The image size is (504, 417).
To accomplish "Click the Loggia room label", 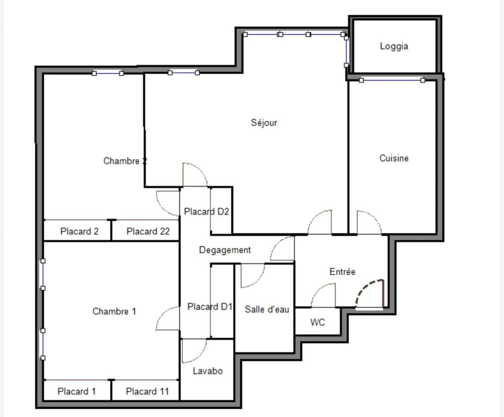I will click(394, 46).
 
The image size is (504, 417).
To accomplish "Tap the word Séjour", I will click(264, 123).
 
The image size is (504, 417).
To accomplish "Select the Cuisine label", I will click(394, 158).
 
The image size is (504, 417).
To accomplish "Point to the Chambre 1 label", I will click(114, 312).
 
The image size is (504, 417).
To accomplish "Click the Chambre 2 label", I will click(125, 161).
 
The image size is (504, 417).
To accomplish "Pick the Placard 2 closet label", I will click(79, 231).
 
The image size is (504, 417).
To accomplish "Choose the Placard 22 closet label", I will click(148, 231).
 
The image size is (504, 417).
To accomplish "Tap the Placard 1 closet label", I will click(76, 391).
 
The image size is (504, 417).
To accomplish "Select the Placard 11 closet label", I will click(147, 391).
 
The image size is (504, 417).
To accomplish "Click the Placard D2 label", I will click(206, 211).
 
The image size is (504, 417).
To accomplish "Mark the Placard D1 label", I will click(210, 307).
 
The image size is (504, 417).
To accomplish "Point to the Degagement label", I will click(225, 250).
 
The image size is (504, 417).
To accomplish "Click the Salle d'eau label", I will click(267, 309).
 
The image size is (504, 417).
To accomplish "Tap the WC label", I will click(317, 322).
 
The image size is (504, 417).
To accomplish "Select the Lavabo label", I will click(207, 371).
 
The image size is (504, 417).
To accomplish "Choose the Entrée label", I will click(342, 272).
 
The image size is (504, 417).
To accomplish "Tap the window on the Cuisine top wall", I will click(392, 80).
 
